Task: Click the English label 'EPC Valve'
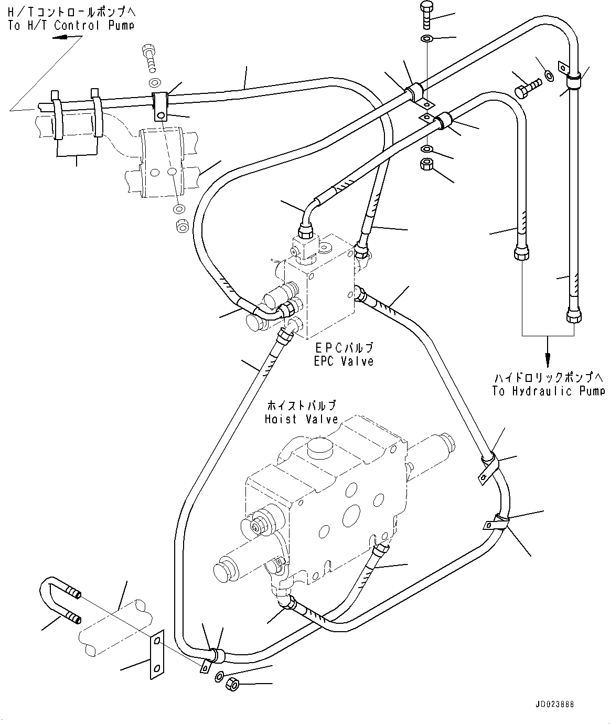click(x=344, y=361)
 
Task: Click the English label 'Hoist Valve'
click(x=302, y=419)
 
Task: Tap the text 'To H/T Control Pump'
click(x=71, y=25)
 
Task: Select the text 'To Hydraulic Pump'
click(x=548, y=391)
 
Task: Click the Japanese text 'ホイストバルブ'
click(x=301, y=406)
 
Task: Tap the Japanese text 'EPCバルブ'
click(x=344, y=348)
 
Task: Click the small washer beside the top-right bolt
click(x=549, y=76)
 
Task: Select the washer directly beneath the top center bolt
click(x=427, y=38)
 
